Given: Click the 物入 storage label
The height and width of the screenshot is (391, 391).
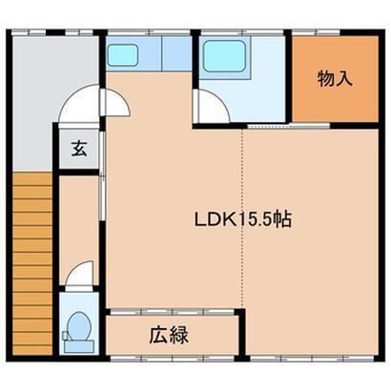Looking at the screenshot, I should coord(335,78).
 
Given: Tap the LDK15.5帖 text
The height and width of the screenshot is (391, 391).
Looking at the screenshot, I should coord(243,219).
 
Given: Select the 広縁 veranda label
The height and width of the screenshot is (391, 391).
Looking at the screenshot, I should coord(167,335).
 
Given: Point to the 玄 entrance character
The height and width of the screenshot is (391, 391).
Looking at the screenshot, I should coord(78,150).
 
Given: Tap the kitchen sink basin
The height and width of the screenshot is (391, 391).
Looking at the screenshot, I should coord(122,55).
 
